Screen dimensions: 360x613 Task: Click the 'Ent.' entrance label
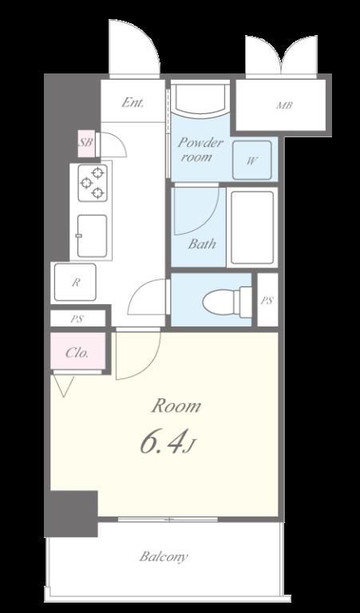(133, 103)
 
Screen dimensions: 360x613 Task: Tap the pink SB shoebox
(86, 143)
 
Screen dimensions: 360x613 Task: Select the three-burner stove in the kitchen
(93, 183)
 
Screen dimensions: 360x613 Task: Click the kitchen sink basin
(93, 235)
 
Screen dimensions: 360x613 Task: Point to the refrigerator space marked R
(75, 282)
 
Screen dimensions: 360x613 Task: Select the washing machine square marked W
(252, 160)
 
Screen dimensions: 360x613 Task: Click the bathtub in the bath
(252, 227)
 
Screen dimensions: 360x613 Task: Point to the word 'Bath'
(202, 244)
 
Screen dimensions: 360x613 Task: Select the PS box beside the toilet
(267, 300)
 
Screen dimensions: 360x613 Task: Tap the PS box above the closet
(77, 318)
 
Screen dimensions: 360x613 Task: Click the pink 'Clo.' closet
(77, 351)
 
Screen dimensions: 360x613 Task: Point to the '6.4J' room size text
(166, 441)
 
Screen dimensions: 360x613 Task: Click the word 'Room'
(176, 406)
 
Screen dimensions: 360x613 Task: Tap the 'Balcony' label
(164, 556)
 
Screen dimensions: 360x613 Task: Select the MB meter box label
(284, 105)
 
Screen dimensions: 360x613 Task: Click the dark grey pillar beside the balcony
(71, 514)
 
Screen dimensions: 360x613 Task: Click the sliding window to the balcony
(168, 520)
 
